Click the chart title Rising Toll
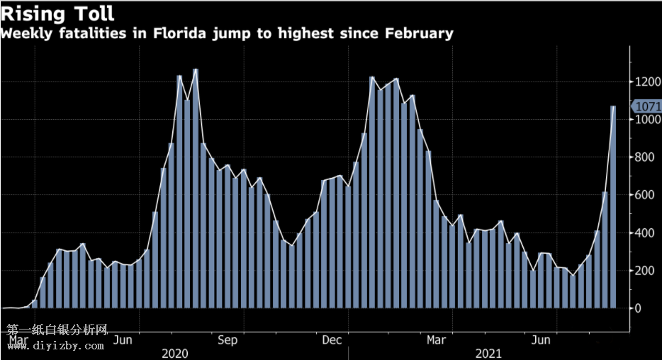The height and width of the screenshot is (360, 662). pos(58,13)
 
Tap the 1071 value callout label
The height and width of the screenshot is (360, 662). pos(648,107)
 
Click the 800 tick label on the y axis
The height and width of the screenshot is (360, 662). pos(644,157)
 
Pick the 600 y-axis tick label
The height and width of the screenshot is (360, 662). pos(644,195)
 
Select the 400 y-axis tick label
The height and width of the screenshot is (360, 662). pos(644,232)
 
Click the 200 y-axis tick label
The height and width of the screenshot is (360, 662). pos(644,271)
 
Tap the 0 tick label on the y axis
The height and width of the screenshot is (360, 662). pos(638,308)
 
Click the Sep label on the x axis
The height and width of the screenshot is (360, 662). pos(228,340)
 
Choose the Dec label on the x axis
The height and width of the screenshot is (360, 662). pos(332,340)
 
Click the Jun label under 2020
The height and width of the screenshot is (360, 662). pos(123,340)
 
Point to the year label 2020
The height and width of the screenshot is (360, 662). pos(175,353)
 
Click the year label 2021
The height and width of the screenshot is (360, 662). pos(488,353)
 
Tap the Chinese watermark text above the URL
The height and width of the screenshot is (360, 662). pos(57,330)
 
